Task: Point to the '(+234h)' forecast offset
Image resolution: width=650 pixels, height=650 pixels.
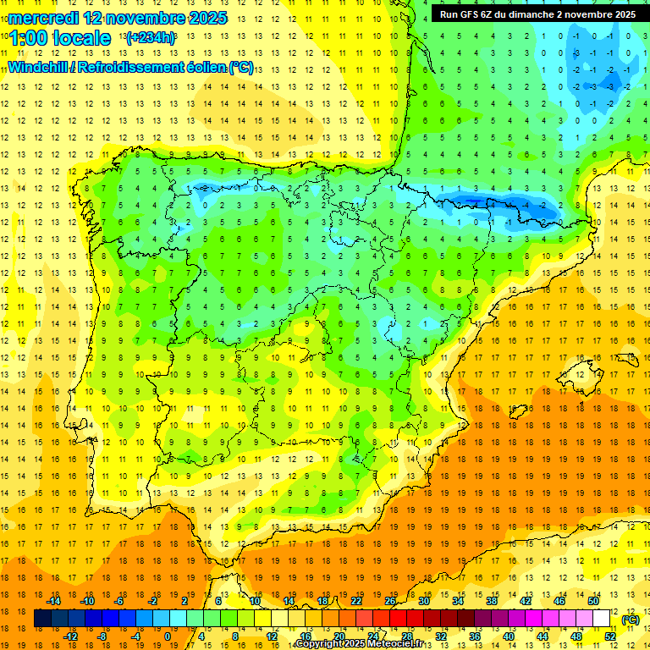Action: [150, 38]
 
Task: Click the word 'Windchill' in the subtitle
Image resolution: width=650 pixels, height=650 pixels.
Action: [41, 67]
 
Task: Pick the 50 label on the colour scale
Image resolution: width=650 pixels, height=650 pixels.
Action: [592, 601]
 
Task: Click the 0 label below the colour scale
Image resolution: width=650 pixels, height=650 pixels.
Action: [168, 636]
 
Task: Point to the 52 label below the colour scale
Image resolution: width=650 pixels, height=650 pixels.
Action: [610, 636]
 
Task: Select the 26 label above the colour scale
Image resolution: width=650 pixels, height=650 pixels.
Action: [389, 601]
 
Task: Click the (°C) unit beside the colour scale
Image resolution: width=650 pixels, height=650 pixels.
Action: [630, 620]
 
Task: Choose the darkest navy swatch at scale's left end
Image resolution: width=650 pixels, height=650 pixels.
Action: [42, 619]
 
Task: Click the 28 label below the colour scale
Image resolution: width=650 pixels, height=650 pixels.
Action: [406, 636]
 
